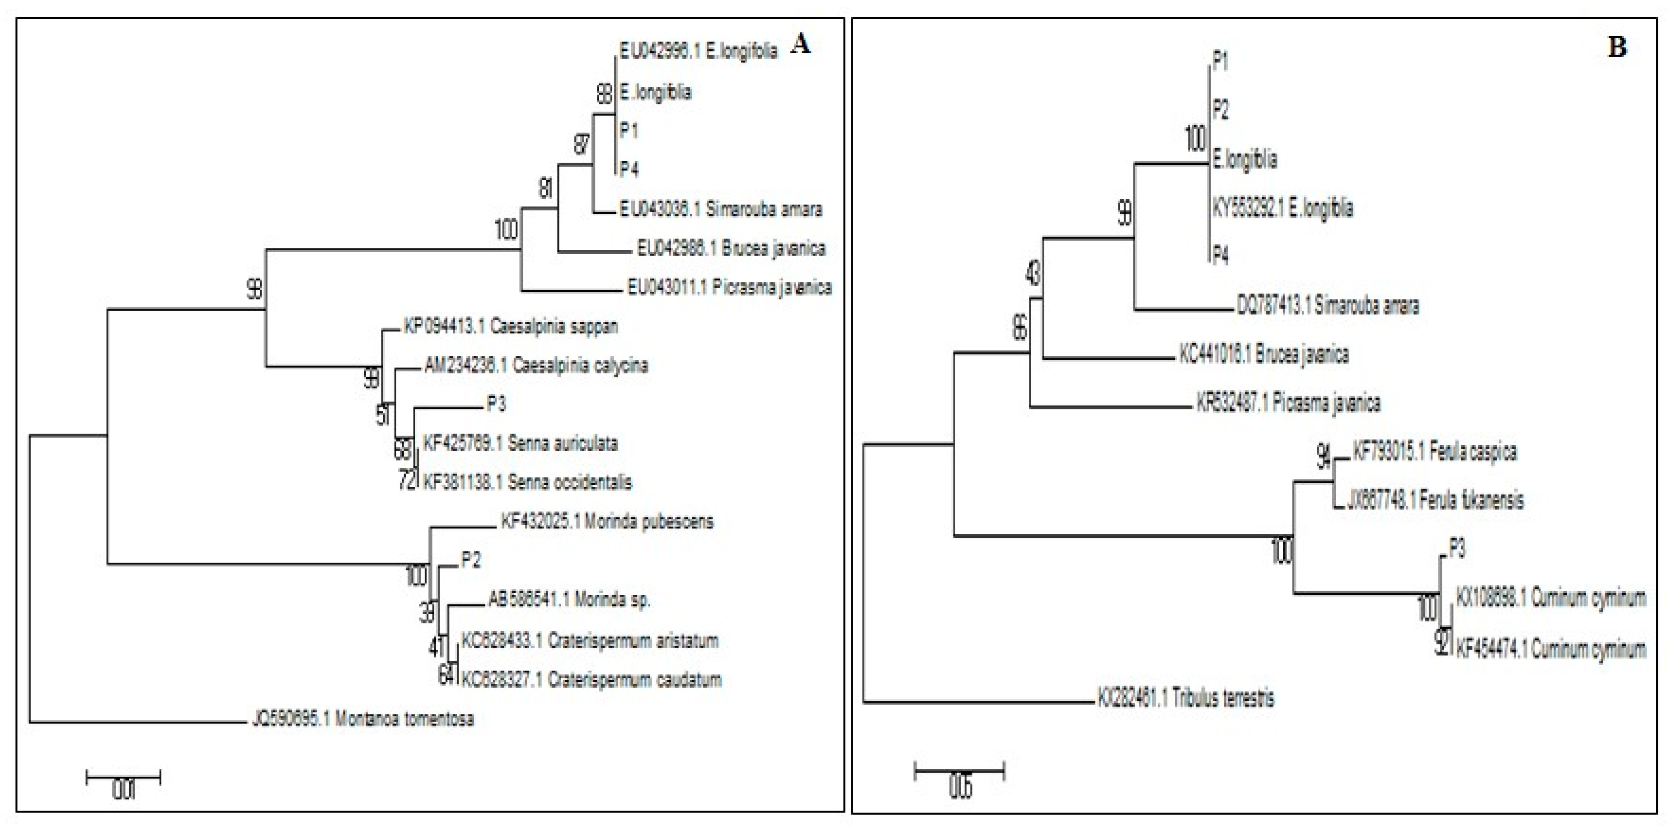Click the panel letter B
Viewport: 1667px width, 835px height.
pos(1616,47)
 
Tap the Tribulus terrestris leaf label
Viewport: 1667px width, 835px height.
pos(1186,697)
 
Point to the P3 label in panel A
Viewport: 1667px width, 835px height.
pos(496,404)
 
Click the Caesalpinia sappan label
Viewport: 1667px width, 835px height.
pos(511,326)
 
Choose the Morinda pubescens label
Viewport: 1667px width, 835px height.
pos(607,521)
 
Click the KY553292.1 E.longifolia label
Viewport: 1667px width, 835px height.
pos(1282,208)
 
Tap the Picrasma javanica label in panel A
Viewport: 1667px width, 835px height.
pos(729,287)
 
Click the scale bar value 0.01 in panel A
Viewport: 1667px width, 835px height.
pos(123,790)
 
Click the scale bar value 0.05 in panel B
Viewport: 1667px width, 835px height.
pos(960,787)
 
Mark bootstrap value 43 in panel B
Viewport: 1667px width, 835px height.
pos(1033,274)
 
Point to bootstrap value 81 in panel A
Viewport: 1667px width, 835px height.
pos(545,189)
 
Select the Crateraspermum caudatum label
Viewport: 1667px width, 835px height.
pos(591,680)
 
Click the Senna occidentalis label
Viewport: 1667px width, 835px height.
pos(527,482)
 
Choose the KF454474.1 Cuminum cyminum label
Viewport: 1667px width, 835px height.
pos(1550,649)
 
